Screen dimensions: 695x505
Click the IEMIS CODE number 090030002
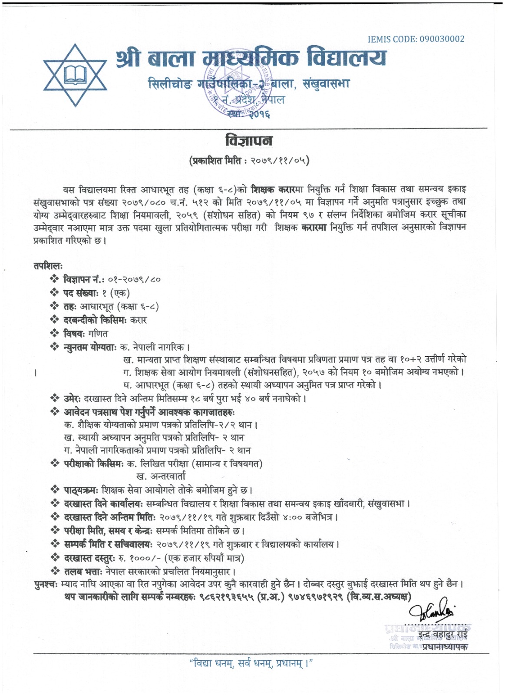[442, 39]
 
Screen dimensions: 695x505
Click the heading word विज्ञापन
[249, 141]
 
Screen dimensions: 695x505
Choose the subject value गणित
[98, 334]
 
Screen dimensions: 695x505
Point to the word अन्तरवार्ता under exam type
[161, 477]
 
